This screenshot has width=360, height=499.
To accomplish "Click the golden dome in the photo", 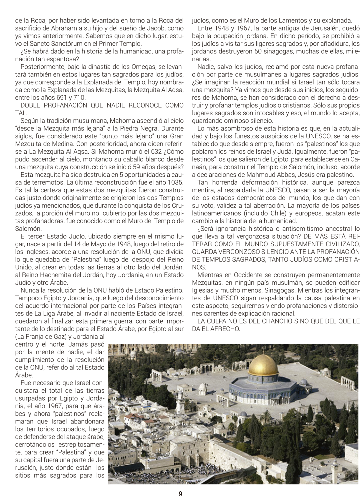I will pyautogui.click(x=263, y=365).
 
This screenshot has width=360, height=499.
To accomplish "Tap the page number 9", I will pyautogui.click(x=180, y=494).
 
